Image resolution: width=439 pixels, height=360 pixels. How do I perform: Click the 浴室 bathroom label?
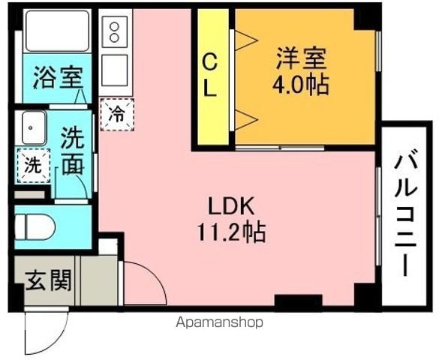tap(59, 77)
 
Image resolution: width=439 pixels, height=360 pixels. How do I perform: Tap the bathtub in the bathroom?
tap(57, 31)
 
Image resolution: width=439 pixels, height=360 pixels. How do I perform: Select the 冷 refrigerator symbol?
tap(117, 115)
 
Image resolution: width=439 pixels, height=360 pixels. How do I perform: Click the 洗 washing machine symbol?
tap(33, 166)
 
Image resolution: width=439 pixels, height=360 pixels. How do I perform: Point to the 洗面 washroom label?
tap(73, 151)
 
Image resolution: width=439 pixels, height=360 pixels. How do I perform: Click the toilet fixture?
tap(34, 226)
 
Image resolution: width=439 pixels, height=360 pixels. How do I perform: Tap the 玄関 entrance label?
tap(49, 280)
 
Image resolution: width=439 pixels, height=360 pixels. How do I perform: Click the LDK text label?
tap(231, 206)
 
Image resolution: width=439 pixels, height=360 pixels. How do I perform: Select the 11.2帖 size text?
tap(231, 232)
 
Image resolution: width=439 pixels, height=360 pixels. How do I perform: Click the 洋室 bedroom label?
tap(301, 58)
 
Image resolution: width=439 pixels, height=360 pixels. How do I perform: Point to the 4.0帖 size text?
tap(301, 85)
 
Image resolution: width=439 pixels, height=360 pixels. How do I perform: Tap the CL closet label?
tap(209, 75)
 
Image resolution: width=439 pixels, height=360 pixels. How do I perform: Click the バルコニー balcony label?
tap(406, 212)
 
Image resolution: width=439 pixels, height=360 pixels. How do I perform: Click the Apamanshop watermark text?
tap(219, 322)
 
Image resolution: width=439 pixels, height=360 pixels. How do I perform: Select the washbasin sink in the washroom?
tap(34, 127)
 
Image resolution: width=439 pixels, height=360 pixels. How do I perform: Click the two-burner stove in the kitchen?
tap(115, 32)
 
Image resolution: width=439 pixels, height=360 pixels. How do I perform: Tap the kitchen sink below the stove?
tap(115, 70)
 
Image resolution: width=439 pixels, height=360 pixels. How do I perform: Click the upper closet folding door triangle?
tap(246, 40)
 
